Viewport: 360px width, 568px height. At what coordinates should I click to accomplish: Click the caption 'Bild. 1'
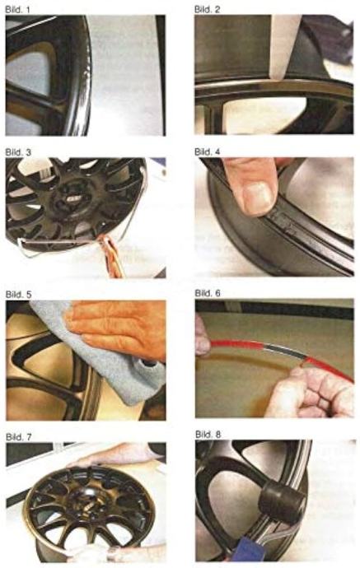[x=17, y=9]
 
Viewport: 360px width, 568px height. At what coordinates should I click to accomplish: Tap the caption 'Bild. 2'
[x=207, y=9]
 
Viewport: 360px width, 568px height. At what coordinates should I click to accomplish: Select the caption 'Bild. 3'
[x=18, y=151]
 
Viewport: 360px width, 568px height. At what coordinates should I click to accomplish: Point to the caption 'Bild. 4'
[x=208, y=151]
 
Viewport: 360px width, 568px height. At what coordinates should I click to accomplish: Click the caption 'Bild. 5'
[x=18, y=294]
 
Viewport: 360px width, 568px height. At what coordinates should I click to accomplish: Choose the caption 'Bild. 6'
[x=208, y=293]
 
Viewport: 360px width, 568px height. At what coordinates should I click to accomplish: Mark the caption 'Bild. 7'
[x=19, y=437]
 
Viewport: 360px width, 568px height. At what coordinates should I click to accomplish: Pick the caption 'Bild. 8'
[x=208, y=434]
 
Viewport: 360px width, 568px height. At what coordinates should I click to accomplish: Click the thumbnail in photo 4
[x=259, y=198]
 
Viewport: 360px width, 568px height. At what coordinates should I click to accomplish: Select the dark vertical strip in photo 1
[x=161, y=75]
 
